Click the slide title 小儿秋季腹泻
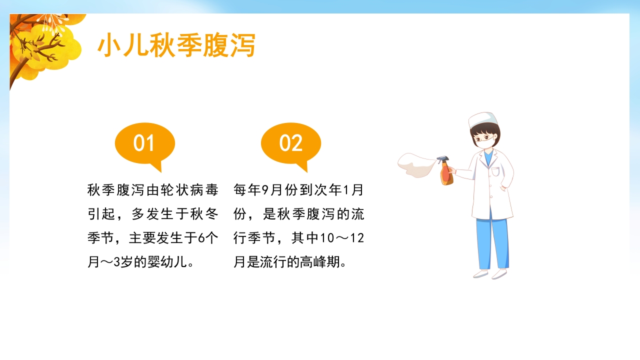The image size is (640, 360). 176,46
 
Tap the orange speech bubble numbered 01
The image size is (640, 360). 145,143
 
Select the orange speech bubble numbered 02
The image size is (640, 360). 291,143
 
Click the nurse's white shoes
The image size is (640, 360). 490,274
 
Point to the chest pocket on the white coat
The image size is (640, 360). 495,172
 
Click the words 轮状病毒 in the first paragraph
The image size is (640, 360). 190,190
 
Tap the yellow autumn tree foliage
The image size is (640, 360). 45,45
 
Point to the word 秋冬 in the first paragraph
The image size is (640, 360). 204,214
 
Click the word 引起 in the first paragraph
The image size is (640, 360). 101,214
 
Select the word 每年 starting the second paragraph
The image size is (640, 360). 247,190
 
